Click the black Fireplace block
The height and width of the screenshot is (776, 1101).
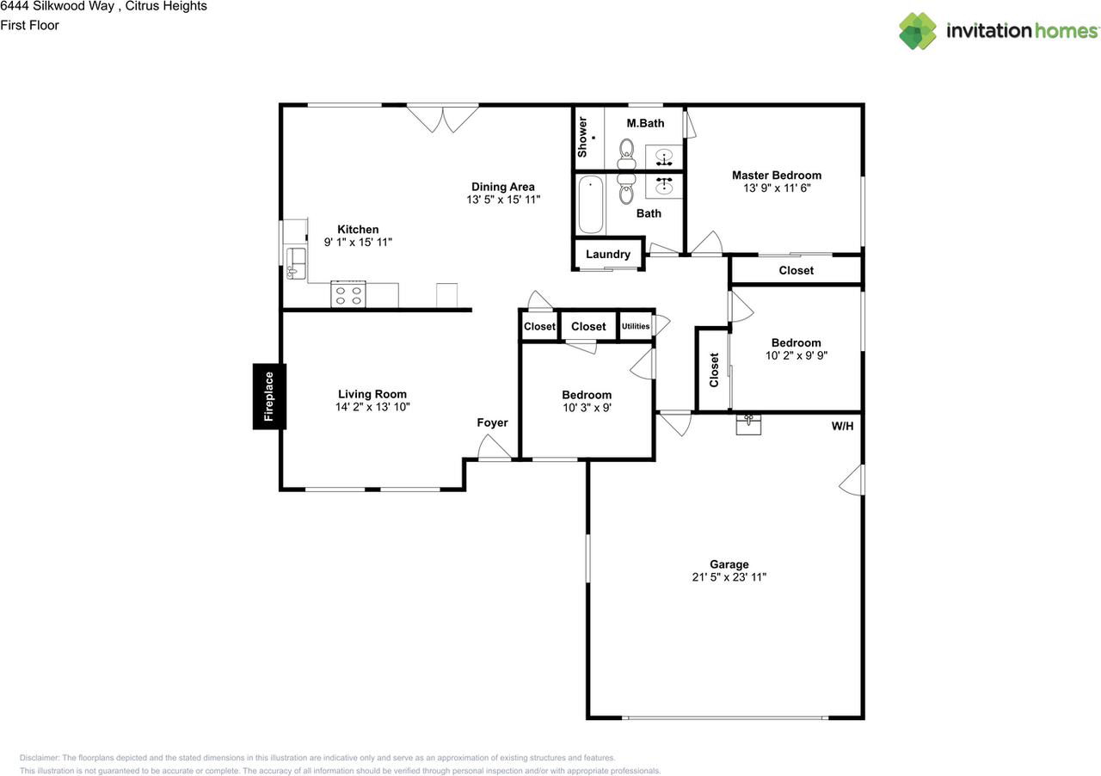(269, 397)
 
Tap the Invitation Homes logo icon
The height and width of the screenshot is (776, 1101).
(918, 31)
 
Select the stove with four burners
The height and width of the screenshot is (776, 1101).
(348, 294)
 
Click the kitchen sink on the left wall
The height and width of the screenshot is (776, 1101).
(296, 263)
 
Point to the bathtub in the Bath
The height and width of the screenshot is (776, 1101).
(590, 205)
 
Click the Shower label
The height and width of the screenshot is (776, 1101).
(582, 137)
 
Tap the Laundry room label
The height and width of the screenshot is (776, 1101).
(608, 255)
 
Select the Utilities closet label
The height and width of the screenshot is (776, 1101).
(636, 326)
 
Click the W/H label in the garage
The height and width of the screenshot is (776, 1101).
(842, 426)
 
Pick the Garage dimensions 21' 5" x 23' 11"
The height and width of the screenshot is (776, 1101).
(729, 576)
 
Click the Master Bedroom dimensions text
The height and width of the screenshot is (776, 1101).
(777, 188)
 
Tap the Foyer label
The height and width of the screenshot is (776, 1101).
(492, 422)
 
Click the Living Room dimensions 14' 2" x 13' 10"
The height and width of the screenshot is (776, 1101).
(372, 407)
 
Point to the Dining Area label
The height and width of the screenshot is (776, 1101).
(503, 187)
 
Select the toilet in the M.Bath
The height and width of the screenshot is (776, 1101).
(626, 154)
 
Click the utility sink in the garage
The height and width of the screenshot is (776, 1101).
(748, 424)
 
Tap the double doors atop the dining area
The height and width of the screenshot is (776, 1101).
(443, 119)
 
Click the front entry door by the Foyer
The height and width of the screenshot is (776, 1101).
(495, 448)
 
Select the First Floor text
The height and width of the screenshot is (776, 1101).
(29, 25)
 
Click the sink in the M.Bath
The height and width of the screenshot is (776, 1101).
(663, 157)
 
